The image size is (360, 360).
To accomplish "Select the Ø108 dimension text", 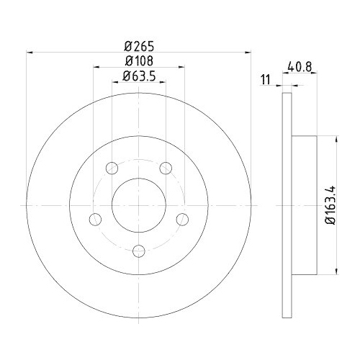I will tap(140, 61).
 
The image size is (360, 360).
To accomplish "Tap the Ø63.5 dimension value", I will tap(140, 76).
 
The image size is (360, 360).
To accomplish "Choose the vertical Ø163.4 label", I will tap(329, 204).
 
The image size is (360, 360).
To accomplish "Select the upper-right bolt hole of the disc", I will tap(166, 168).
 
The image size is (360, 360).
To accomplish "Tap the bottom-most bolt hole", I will tap(140, 251).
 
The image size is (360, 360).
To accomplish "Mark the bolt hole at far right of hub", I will tap(184, 220).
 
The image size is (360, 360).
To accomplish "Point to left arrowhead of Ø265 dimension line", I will tap(29, 52).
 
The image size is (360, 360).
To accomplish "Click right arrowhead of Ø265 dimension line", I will tap(251, 52).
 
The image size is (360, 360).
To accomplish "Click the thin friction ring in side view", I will tap(286, 205).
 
